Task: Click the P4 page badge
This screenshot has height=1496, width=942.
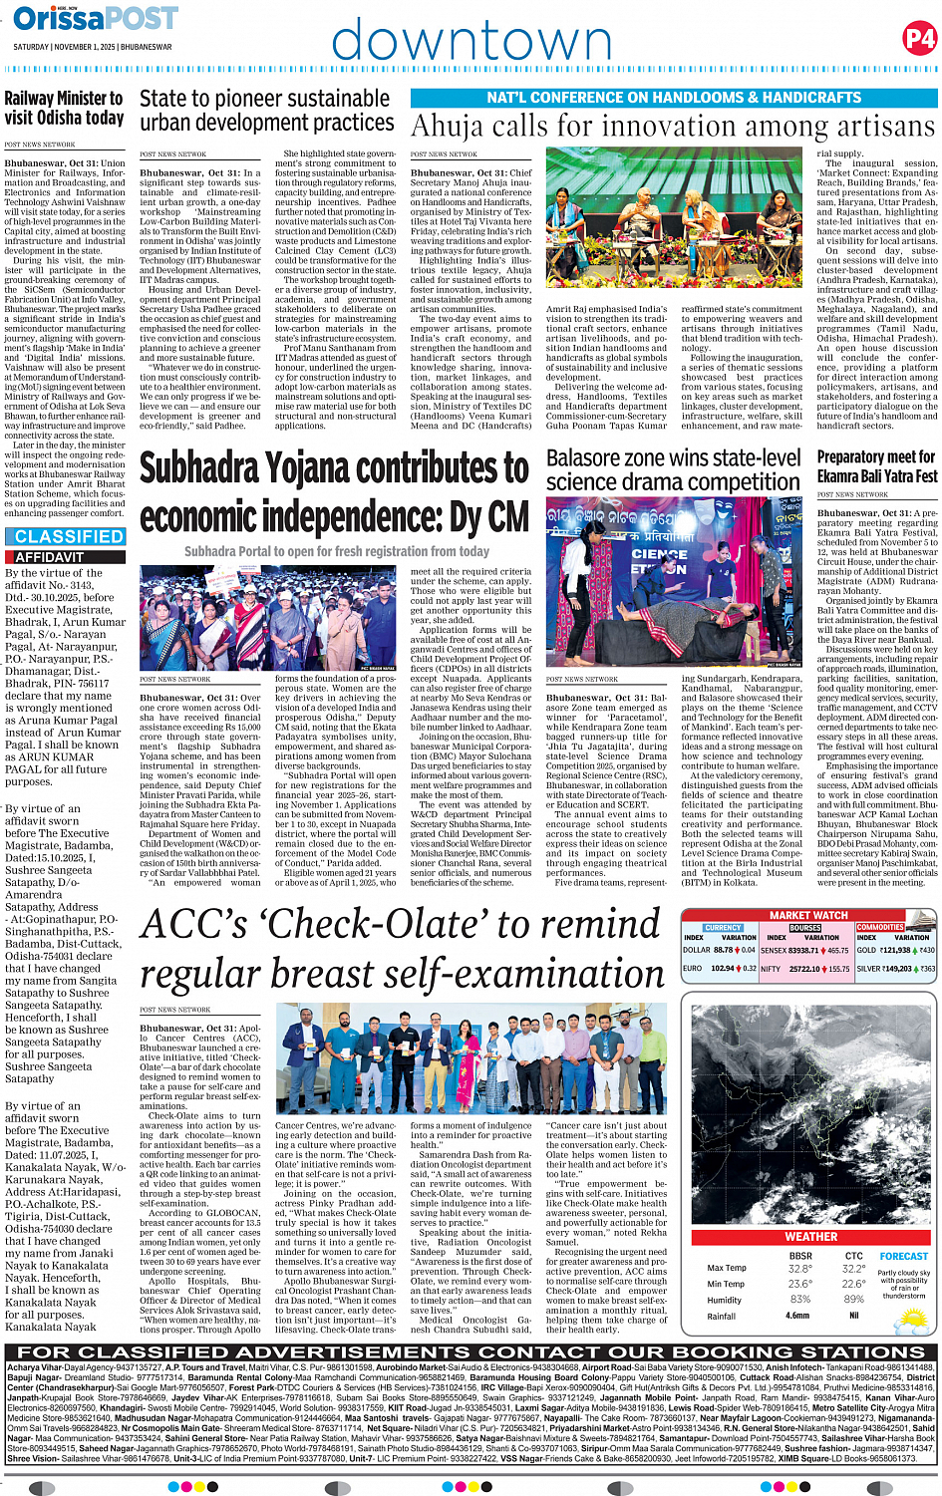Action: [918, 39]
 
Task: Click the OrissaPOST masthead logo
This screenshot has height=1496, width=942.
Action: [96, 18]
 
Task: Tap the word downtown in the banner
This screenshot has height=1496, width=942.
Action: [471, 42]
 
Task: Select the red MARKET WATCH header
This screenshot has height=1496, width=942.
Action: [808, 915]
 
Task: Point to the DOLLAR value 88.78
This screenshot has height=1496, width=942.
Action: [723, 950]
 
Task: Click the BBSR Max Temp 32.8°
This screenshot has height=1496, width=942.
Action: [799, 1269]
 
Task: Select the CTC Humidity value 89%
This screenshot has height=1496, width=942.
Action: [853, 1300]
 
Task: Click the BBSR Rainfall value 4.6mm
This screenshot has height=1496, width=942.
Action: [798, 1316]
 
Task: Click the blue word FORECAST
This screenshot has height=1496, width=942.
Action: [903, 1256]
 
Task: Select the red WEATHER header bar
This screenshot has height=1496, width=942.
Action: [810, 1236]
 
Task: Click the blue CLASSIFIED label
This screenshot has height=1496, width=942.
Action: [69, 536]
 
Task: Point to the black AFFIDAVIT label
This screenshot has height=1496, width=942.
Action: [50, 557]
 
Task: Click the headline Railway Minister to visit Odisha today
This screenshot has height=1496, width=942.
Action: [64, 108]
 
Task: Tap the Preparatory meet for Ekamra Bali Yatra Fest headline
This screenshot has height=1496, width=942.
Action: [877, 466]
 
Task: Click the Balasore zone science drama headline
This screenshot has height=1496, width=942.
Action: [673, 469]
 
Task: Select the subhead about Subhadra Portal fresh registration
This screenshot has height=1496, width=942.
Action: [336, 551]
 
